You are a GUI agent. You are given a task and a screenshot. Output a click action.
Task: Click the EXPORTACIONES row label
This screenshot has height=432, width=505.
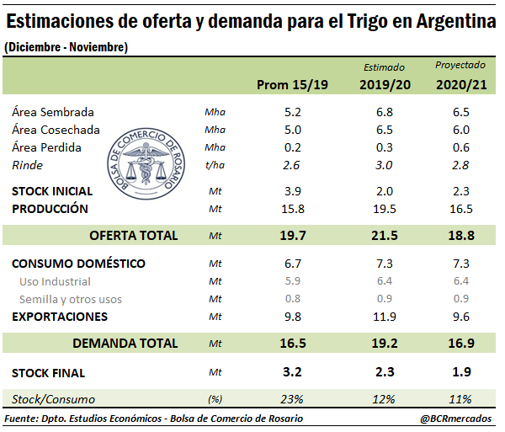coord(59,317)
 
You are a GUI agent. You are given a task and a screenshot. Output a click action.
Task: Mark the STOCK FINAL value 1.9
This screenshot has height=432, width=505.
coord(461,372)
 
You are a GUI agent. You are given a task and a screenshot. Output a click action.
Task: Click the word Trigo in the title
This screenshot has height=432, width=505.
coord(354,21)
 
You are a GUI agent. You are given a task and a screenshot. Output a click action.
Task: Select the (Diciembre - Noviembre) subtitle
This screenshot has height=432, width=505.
coord(66,48)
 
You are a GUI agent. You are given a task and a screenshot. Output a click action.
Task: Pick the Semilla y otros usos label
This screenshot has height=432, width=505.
coord(71,299)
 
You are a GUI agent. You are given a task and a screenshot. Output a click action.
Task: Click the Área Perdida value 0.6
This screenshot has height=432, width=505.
coord(461,147)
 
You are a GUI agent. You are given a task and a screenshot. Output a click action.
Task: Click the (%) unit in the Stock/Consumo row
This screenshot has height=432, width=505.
coord(215,399)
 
